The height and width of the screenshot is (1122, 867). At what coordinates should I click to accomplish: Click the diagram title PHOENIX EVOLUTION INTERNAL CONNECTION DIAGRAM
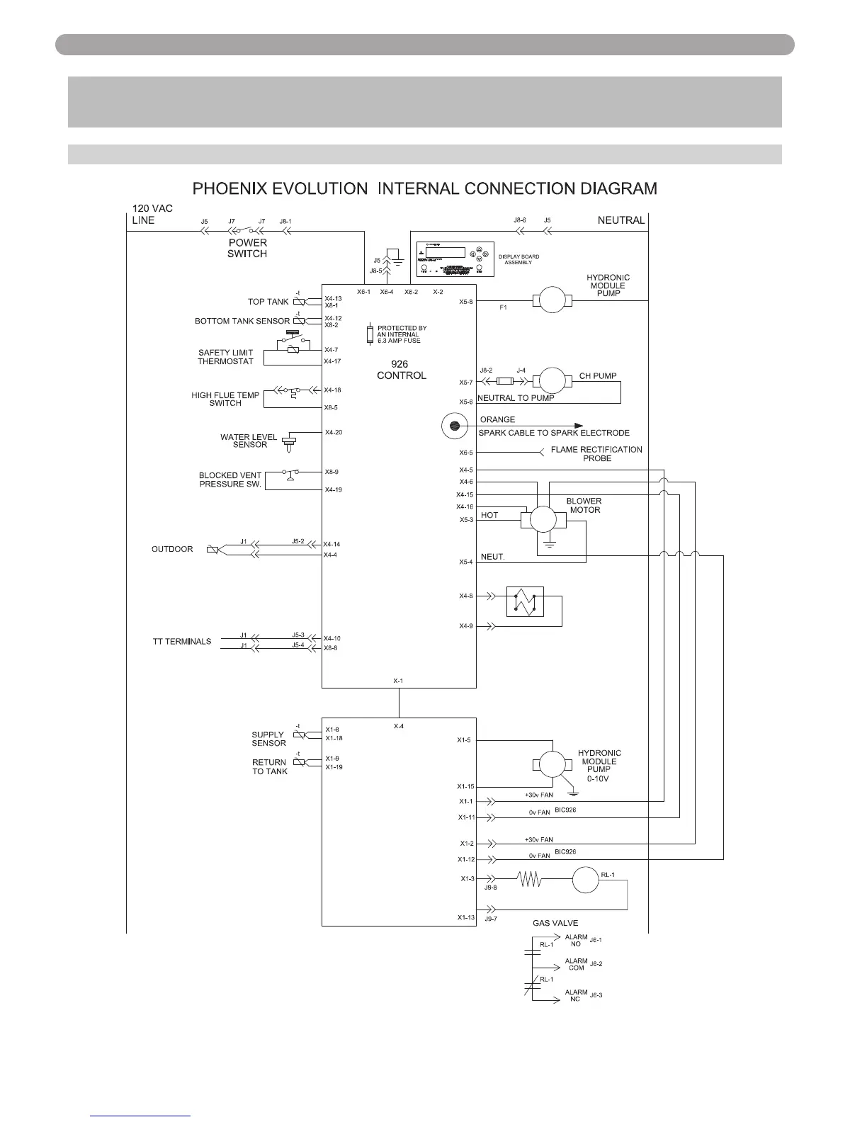[x=426, y=188]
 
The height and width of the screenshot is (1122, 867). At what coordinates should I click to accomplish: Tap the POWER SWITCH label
[x=247, y=248]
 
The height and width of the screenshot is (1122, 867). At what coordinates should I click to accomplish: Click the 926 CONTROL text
[x=402, y=370]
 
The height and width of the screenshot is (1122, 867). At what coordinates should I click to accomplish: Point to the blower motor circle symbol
[x=544, y=519]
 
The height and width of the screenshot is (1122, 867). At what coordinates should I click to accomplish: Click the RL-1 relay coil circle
[x=586, y=881]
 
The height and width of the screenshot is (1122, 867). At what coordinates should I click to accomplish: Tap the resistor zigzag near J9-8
[x=531, y=880]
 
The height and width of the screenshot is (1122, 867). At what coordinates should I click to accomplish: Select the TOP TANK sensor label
[x=268, y=302]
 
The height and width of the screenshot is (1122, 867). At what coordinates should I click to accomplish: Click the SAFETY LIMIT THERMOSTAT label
[x=225, y=357]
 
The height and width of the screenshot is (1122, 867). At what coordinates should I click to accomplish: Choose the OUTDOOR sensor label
[x=172, y=549]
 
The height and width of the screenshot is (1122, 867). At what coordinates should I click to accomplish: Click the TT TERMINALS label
[x=182, y=641]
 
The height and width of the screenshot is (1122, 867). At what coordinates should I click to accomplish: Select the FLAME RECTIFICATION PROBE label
[x=596, y=453]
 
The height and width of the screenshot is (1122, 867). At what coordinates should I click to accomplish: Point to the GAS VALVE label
[x=555, y=923]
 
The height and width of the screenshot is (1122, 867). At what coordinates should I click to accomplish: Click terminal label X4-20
[x=334, y=432]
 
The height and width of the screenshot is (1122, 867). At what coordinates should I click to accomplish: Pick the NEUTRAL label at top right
[x=621, y=220]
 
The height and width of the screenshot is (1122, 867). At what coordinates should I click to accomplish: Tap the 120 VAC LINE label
[x=152, y=214]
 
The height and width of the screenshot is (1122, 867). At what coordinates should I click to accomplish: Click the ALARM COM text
[x=576, y=965]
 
